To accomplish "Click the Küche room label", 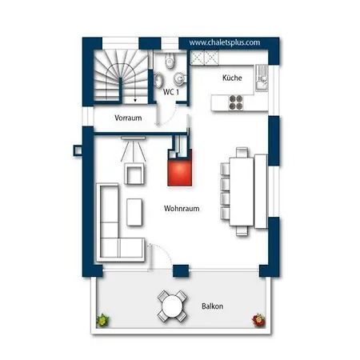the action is (232, 78).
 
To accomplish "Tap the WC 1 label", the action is (170, 92).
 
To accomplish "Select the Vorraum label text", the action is (128, 118).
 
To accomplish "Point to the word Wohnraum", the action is (182, 208).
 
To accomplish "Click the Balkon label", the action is (212, 306).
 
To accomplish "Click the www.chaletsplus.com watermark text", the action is (225, 42).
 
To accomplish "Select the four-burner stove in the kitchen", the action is (236, 102).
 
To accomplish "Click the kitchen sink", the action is (262, 78).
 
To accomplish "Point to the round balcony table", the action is (172, 306).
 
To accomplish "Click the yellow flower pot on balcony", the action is (102, 320).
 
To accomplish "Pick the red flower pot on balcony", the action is (258, 320).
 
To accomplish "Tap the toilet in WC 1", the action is (170, 62).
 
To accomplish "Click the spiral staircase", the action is (121, 77).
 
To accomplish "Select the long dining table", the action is (242, 191).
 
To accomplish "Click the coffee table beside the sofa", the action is (134, 212).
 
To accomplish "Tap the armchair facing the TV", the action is (134, 174).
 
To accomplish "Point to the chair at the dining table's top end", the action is (242, 152).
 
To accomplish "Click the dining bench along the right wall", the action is (261, 191).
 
